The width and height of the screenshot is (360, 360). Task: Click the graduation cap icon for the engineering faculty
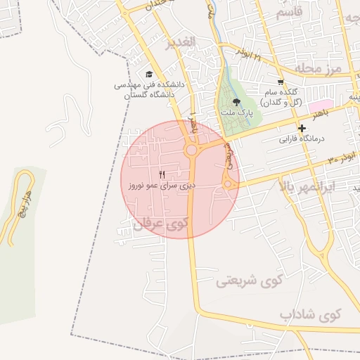click(148, 74)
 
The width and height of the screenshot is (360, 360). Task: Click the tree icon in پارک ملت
click(236, 102)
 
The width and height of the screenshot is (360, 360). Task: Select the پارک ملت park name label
click(236, 112)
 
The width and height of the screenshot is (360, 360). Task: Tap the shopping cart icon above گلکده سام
click(281, 82)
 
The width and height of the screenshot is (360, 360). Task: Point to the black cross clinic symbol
click(302, 129)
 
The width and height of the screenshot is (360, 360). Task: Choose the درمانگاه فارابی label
click(302, 139)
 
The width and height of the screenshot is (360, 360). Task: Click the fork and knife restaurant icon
click(162, 174)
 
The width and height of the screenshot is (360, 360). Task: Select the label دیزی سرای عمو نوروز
click(162, 186)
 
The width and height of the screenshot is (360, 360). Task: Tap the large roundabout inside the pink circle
click(191, 150)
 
